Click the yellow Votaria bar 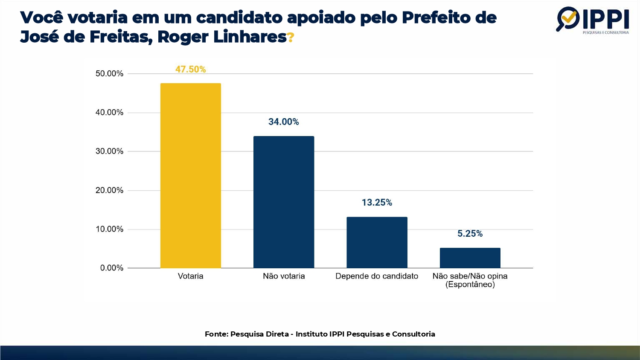190,175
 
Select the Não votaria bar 284,202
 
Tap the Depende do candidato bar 377,242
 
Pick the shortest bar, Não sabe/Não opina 470,258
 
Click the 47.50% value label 190,69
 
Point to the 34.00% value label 284,122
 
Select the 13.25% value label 377,203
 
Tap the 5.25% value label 470,234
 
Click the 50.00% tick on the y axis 109,74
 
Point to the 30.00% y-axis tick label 109,151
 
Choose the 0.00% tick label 111,268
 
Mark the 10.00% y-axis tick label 109,229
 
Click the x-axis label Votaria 190,276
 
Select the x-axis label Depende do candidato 377,276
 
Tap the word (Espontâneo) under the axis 470,285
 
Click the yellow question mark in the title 291,38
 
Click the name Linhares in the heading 250,37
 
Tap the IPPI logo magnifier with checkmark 567,18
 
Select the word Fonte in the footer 215,334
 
